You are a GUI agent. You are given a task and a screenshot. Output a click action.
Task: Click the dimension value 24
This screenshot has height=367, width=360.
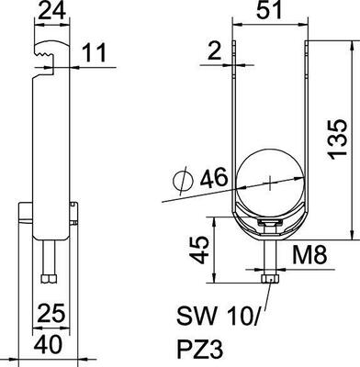52,11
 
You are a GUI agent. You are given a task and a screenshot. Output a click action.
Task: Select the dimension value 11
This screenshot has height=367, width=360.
95,52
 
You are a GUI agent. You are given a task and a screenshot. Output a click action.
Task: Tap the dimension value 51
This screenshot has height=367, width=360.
268,10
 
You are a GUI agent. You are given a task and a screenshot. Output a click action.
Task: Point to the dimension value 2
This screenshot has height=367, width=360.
214,50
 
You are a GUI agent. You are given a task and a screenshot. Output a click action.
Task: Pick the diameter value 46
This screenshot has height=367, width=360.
214,177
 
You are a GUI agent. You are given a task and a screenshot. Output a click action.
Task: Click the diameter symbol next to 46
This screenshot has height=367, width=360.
183,182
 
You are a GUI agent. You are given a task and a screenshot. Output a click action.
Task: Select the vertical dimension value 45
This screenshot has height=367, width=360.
198,250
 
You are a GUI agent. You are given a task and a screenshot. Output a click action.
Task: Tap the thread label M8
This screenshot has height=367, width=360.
309,255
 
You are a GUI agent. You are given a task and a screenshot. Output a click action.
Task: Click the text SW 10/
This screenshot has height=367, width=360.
219,316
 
